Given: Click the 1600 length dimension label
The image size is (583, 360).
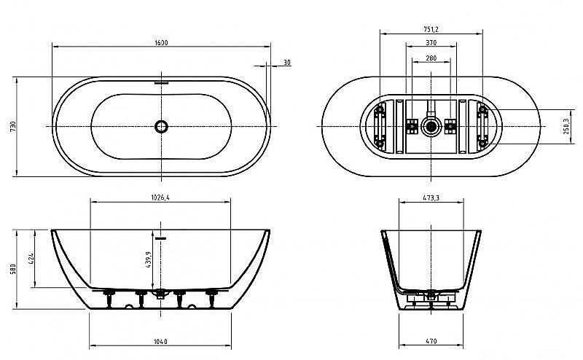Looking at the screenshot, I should click(x=161, y=43).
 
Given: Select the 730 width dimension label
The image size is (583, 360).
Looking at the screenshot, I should click(x=12, y=126).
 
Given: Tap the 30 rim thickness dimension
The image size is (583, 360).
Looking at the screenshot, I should click(x=287, y=63).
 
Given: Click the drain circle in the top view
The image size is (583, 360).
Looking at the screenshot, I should click(x=161, y=127).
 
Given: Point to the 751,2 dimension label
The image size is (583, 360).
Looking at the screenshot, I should click(x=431, y=30).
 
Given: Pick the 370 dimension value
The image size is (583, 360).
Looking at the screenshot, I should click(x=431, y=44).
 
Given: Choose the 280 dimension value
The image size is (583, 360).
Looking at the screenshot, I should click(x=431, y=58).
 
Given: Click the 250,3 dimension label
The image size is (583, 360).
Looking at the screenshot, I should click(x=566, y=126).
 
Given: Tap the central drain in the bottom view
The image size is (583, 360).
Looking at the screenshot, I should click(x=431, y=127).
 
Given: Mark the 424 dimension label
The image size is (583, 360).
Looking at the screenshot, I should click(x=31, y=260).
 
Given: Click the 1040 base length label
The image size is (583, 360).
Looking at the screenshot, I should click(x=161, y=341).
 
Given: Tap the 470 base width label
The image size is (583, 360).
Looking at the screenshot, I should click(x=431, y=341).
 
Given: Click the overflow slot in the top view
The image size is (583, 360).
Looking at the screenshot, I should click(x=161, y=82).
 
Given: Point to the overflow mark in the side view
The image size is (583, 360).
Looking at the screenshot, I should click(x=161, y=238).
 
